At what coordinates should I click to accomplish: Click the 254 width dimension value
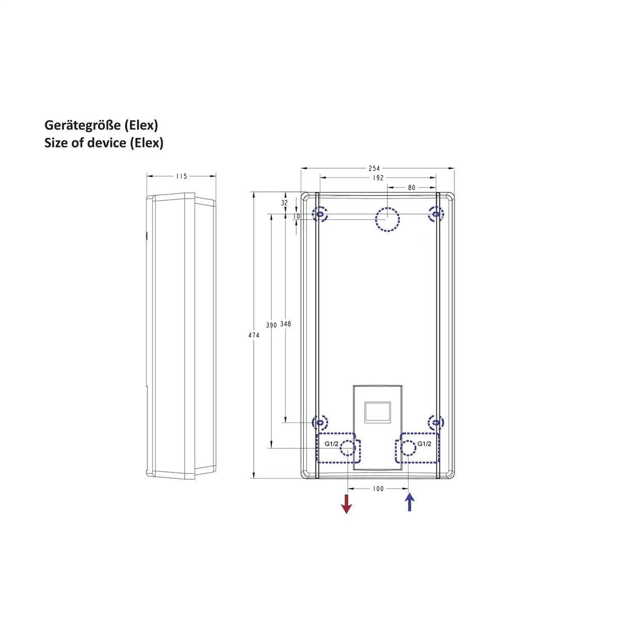tap(374, 168)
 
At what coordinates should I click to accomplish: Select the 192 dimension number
tap(378, 177)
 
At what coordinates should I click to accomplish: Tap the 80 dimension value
tap(411, 187)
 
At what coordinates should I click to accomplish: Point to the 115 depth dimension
tap(181, 176)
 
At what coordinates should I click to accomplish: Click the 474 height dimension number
tap(254, 335)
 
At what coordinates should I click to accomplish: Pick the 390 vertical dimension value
tap(271, 325)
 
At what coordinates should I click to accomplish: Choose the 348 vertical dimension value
tap(285, 324)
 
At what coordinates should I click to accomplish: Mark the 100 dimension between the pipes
tap(378, 488)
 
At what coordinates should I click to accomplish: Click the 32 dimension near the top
tap(284, 203)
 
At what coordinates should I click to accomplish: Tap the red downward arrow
tap(347, 503)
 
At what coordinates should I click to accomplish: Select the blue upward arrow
tap(410, 502)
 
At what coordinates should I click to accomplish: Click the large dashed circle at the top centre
tap(387, 219)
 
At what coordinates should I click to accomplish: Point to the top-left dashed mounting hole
tap(320, 214)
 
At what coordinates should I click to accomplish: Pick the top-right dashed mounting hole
tap(436, 214)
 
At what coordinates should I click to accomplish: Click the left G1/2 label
tap(332, 444)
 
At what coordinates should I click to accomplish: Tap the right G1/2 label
tap(424, 444)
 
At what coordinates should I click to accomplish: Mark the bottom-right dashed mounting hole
tap(436, 423)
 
